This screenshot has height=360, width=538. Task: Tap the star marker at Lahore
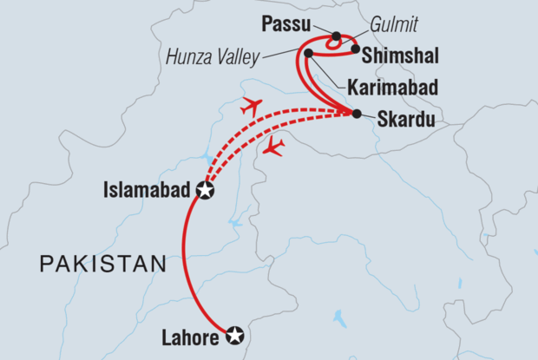[234, 335]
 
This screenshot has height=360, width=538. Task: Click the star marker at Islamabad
[205, 191]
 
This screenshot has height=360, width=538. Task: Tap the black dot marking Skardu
[357, 114]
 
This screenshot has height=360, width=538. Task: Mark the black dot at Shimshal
[356, 49]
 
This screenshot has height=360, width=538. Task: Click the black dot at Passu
[336, 36]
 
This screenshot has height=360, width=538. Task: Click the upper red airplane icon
[250, 107]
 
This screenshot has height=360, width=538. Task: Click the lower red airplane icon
[273, 147]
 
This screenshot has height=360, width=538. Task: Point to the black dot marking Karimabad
[309, 54]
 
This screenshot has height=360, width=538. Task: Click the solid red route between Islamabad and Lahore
[185, 260]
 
